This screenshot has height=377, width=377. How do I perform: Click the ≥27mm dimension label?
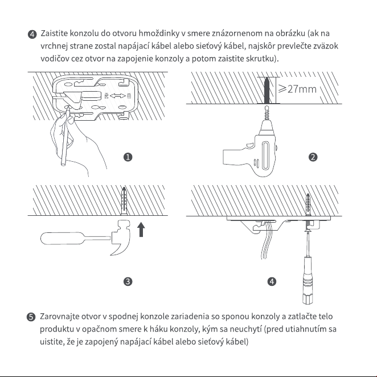(x=297, y=89)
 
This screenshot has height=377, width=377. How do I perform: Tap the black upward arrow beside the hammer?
(x=141, y=230)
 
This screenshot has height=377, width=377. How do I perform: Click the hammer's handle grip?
(x=62, y=238)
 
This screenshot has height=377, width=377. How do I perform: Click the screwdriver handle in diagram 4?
(x=308, y=280)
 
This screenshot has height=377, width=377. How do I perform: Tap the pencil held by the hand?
(x=65, y=136)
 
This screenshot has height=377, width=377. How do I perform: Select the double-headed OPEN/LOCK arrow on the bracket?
(x=117, y=96)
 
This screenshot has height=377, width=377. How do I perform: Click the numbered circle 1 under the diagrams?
(x=128, y=157)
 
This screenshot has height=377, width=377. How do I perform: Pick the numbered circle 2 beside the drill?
(x=313, y=157)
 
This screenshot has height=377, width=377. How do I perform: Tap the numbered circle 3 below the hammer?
(x=128, y=281)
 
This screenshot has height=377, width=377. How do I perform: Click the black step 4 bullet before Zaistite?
(x=32, y=34)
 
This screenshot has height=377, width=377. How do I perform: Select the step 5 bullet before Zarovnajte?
(x=31, y=317)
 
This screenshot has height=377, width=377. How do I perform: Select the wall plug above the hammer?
(x=124, y=201)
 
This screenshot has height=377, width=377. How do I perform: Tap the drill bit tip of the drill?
(x=267, y=106)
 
